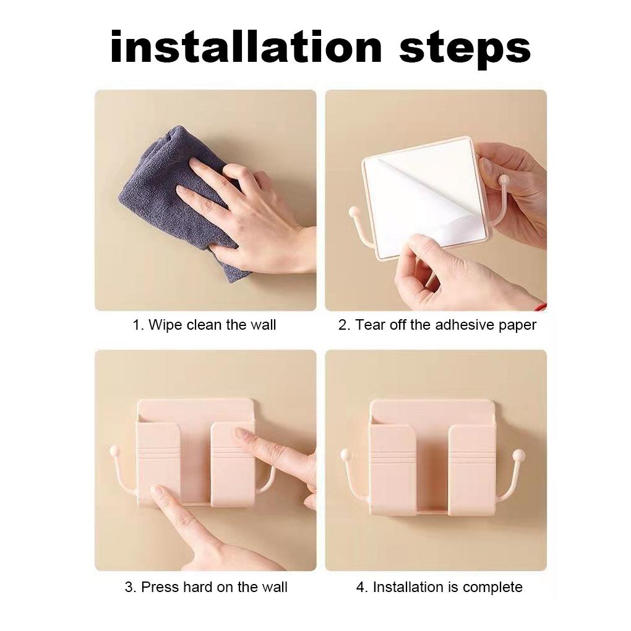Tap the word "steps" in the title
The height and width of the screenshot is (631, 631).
click(465, 49)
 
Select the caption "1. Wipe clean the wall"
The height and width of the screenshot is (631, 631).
click(204, 325)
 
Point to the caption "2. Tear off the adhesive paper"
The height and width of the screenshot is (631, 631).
click(437, 325)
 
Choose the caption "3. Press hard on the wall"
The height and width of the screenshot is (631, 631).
click(206, 587)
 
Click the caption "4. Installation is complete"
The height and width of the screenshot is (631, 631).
click(439, 587)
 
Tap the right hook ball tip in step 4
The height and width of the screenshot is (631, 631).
click(520, 456)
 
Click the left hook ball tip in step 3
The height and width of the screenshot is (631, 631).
click(114, 450)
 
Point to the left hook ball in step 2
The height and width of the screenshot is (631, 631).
click(354, 212)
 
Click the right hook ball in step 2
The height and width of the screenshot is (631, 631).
click(503, 179)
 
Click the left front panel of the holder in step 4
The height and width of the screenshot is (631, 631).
click(392, 469)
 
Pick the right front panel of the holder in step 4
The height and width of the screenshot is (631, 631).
click(471, 469)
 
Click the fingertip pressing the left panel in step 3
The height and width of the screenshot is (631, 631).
click(158, 491)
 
